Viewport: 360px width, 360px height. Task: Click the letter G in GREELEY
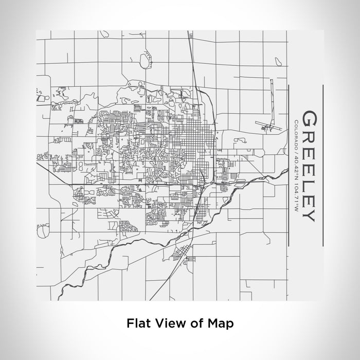(x=309, y=119)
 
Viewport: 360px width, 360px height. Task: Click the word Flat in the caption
(x=137, y=323)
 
